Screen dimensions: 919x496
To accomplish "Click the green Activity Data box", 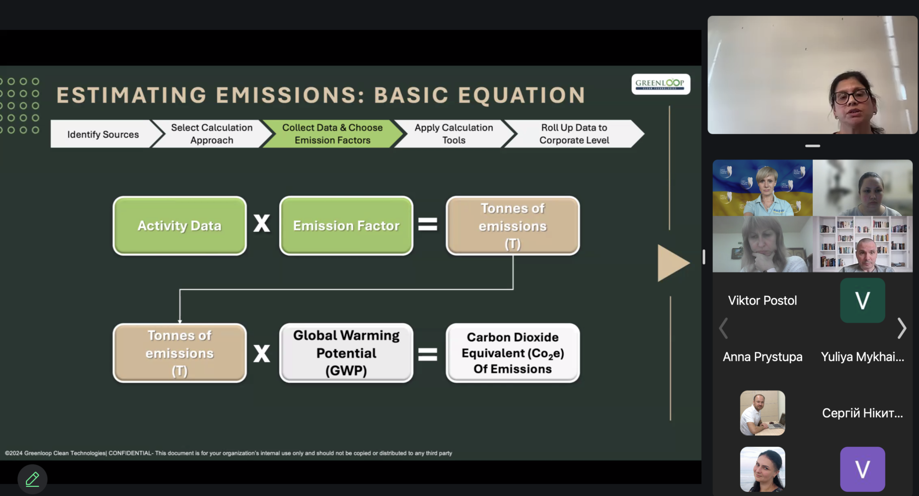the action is point(179,225).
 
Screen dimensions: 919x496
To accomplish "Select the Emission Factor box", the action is point(346,225).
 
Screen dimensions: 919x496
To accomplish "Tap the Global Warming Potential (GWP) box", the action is point(346,353).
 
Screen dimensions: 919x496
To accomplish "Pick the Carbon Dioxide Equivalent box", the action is point(513,353).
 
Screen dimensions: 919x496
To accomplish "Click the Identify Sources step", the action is point(103,134).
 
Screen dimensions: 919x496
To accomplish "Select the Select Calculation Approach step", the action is point(212,134).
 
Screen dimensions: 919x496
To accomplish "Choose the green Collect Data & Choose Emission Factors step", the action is point(333,134).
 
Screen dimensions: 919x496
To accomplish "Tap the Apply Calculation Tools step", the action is point(454,134).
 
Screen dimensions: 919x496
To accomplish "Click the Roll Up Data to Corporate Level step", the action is point(574,134).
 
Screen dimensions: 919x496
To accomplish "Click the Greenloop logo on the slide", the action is point(661,84).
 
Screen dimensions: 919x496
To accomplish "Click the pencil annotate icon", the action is point(33,479).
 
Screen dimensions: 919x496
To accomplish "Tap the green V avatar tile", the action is point(863,301).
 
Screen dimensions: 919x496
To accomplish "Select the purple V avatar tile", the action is point(863,469).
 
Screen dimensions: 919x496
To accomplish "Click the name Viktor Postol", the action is point(762,301).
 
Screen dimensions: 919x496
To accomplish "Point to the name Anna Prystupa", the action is point(762,357).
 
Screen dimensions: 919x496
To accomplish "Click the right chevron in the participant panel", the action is point(902,328).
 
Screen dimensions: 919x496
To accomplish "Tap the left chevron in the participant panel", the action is point(724,328).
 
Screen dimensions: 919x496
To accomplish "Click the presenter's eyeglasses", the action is point(852,96).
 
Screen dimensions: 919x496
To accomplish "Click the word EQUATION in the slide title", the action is point(522,95).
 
